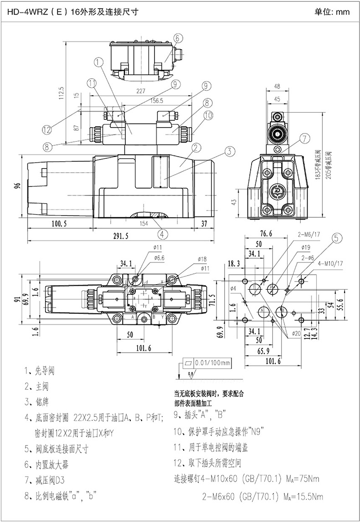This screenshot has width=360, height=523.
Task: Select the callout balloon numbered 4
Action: [162, 234]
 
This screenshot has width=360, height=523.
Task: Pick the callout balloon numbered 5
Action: [336, 237]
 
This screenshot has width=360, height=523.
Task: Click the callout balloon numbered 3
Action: [229, 151]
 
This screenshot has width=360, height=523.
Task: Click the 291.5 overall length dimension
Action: [120, 236]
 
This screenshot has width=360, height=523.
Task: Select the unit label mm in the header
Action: [343, 12]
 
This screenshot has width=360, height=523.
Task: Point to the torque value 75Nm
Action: [306, 479]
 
